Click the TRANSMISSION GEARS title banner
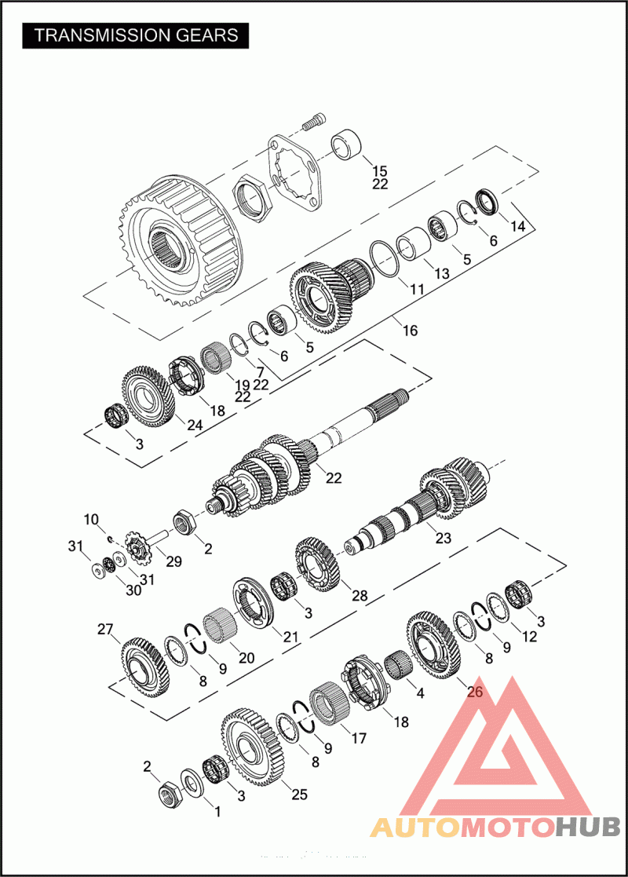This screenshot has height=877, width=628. (135, 36)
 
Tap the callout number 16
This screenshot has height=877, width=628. (410, 331)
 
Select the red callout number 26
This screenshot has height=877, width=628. (474, 691)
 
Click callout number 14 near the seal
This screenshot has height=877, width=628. (518, 226)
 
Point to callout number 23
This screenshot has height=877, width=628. (443, 538)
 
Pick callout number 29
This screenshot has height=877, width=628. (174, 561)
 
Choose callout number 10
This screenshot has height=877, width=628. (91, 520)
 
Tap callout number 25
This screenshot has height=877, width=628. (299, 795)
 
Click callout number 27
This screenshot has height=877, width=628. (105, 629)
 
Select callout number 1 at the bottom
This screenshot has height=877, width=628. (217, 811)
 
